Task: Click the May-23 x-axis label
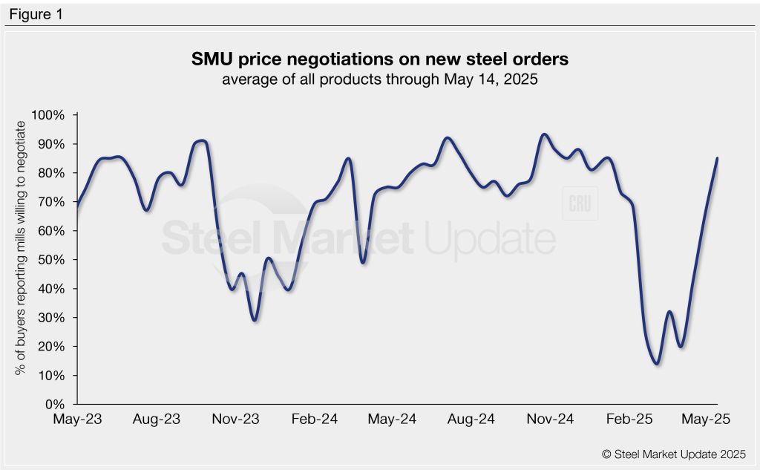click(x=77, y=420)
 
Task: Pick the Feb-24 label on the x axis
click(x=315, y=420)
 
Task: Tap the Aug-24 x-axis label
click(x=471, y=420)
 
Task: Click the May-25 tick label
click(x=707, y=420)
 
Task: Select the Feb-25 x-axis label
click(x=629, y=420)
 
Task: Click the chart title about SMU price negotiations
click(x=380, y=59)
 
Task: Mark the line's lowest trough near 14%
click(x=657, y=364)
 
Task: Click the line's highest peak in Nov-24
click(x=544, y=134)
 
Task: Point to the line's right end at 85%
click(x=718, y=158)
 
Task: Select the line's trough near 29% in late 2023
click(x=255, y=320)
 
